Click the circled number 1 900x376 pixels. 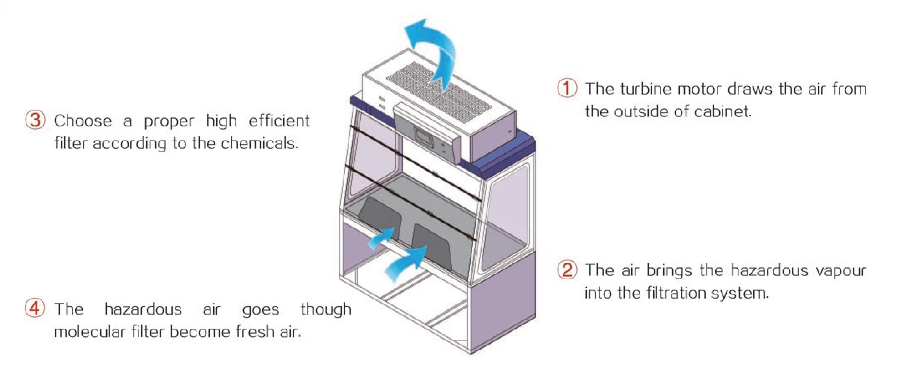tap(566, 88)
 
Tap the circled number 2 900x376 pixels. tap(566, 270)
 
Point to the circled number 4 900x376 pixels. tap(35, 309)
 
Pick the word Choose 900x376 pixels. tap(83, 121)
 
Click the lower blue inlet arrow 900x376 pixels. tap(405, 264)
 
